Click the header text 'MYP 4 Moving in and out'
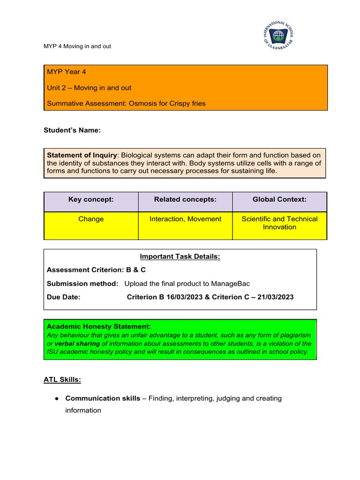click(77, 46)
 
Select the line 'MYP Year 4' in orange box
click(66, 72)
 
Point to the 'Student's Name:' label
click(72, 130)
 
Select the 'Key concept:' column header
click(91, 200)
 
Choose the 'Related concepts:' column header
click(185, 200)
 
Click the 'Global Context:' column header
click(279, 200)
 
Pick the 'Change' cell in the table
click(91, 219)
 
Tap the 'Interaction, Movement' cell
click(185, 219)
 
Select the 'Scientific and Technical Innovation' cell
click(279, 223)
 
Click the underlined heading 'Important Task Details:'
click(180, 256)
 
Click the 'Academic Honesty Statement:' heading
click(98, 326)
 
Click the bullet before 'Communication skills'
click(56, 398)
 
